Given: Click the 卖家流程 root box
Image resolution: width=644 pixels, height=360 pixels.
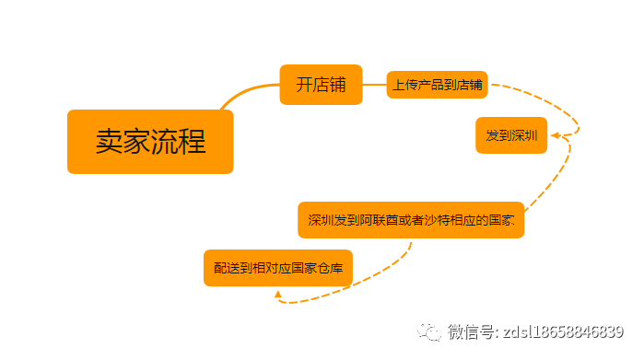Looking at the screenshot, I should (x=150, y=142).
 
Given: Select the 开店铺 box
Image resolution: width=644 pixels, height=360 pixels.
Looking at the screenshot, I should (x=321, y=85).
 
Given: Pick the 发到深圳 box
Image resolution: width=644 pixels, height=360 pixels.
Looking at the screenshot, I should (x=511, y=135).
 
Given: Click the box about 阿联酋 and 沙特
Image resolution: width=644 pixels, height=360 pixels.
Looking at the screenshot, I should (x=411, y=220).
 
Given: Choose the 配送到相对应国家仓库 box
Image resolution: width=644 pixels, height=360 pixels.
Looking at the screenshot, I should (x=278, y=268).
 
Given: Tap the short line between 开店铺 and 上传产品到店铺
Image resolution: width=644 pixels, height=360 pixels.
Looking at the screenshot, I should (x=374, y=85).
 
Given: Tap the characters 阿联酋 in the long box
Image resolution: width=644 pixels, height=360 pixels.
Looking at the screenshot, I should (x=375, y=221).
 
